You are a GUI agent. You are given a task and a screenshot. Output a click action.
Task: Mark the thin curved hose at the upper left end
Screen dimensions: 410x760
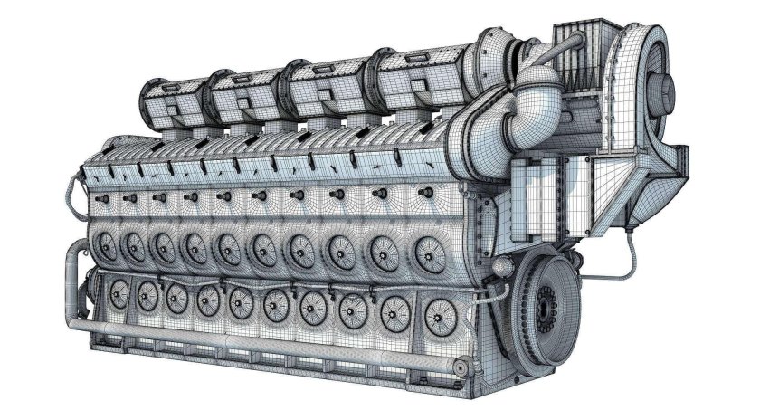(71, 191)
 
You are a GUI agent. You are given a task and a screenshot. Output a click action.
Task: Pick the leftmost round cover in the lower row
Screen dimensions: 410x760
(117, 291)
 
